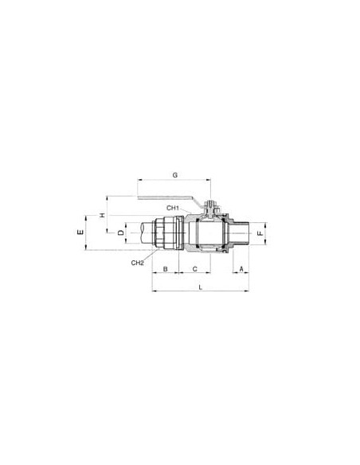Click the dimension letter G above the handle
(175, 175)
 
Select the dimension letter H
(102, 215)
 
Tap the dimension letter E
(80, 232)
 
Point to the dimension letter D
(121, 232)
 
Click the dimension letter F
(260, 233)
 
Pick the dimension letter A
(241, 268)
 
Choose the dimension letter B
(166, 269)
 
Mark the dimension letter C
(195, 269)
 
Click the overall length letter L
(201, 287)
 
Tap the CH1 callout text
(173, 208)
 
